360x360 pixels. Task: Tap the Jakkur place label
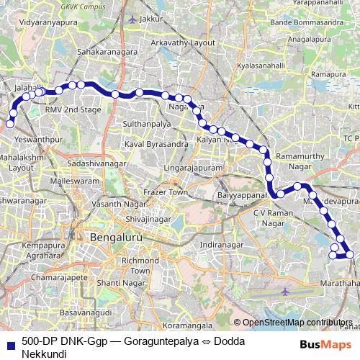coord(148,17)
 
